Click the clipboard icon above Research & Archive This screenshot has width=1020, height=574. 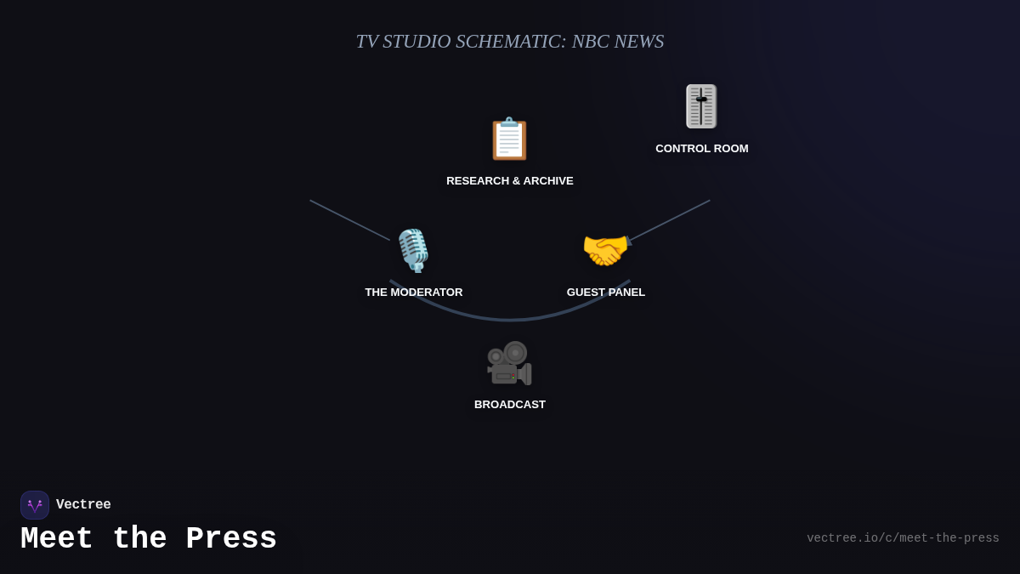point(509,139)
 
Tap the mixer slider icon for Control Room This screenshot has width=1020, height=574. point(701,106)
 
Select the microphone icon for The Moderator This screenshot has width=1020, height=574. point(413,250)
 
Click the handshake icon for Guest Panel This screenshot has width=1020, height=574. point(605,251)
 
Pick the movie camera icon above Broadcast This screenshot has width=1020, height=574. point(509,363)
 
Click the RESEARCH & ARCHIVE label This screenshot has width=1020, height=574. point(510,181)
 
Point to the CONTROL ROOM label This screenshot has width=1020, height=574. point(702,149)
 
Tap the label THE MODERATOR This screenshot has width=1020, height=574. point(414,293)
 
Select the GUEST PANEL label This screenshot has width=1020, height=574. point(606,293)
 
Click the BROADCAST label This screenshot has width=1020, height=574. point(510,405)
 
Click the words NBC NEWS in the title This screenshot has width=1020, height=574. point(618,42)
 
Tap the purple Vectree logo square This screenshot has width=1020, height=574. point(35,505)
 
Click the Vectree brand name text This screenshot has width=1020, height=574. point(83,505)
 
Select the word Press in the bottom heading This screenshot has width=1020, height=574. point(231,539)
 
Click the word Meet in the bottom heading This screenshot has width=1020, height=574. point(57,539)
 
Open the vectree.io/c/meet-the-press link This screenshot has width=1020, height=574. point(903,538)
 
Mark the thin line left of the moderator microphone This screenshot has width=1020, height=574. point(349,220)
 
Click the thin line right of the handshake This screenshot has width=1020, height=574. point(671,220)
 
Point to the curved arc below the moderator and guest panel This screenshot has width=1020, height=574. point(510,320)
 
